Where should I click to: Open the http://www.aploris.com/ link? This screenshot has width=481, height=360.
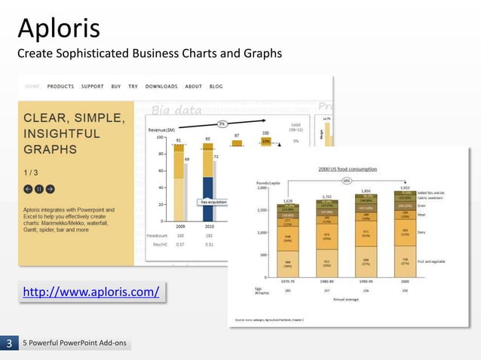92,291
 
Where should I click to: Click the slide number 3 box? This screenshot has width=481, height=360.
9,345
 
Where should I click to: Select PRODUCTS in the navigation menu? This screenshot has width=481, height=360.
60,87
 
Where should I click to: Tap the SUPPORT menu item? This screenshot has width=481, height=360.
92,87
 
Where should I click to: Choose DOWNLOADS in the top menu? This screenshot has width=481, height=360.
161,87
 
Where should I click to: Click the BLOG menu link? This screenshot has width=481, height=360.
216,87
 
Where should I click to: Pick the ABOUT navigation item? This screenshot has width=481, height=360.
194,87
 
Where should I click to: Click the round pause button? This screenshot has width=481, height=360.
38,189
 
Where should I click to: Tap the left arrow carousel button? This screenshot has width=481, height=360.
28,189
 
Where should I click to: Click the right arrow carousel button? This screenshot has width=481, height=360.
50,189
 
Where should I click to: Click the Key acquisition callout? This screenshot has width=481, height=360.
213,202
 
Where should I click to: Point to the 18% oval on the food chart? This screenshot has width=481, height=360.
347,181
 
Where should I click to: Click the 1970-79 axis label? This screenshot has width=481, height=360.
288,280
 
